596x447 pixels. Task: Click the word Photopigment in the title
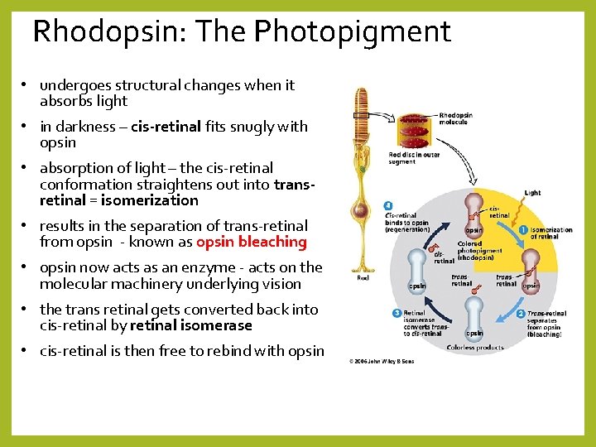coord(353,32)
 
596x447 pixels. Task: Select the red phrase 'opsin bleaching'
coord(252,242)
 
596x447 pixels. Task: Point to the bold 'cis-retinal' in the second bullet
coord(166,127)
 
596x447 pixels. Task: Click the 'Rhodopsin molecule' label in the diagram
coord(455,118)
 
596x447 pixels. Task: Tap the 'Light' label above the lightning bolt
coord(533,193)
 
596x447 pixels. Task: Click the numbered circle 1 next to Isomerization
coord(523,229)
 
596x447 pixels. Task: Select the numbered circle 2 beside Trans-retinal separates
coord(521,314)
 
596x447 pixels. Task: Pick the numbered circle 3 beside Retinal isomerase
coord(397,313)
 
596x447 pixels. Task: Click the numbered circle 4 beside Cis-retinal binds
coord(388,205)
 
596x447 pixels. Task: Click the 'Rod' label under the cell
coord(363,278)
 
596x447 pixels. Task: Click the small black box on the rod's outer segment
coord(360,116)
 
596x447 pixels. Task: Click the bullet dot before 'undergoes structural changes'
coord(26,85)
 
